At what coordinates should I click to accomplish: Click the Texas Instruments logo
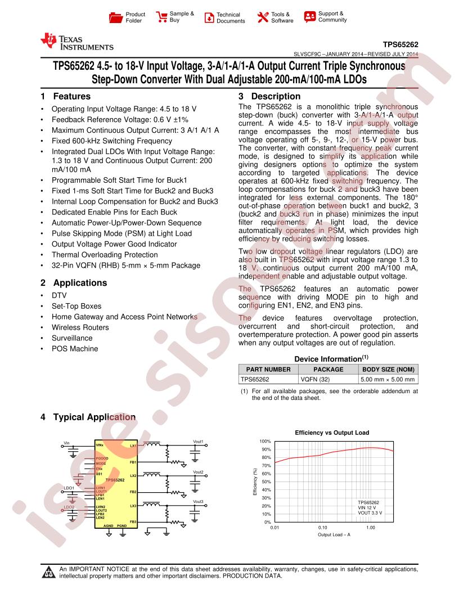tap(76, 43)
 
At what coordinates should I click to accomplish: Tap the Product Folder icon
tap(115, 17)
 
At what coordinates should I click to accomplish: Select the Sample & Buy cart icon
tap(161, 17)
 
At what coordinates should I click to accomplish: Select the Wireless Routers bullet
tap(80, 327)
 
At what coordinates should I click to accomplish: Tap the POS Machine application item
tap(75, 349)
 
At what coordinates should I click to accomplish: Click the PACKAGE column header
tap(328, 370)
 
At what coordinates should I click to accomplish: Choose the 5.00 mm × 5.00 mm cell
tap(388, 379)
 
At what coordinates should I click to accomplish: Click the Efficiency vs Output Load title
tap(332, 433)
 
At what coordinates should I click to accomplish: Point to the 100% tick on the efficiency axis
tap(265, 442)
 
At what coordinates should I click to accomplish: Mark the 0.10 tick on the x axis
tap(322, 528)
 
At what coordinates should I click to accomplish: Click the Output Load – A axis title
tap(334, 534)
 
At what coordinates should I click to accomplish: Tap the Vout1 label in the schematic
tap(198, 442)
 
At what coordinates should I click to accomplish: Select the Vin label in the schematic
tap(67, 443)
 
